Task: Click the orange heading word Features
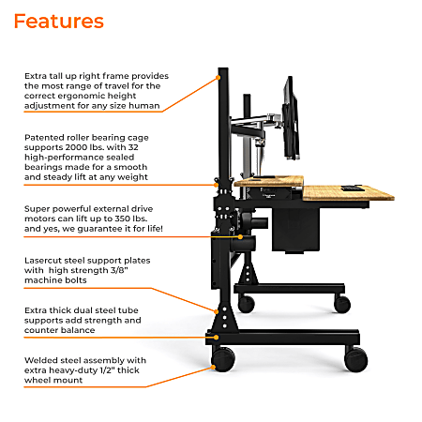click(x=59, y=21)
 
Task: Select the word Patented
click(x=46, y=135)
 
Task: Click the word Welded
click(x=42, y=359)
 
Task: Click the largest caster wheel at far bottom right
click(x=355, y=358)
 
